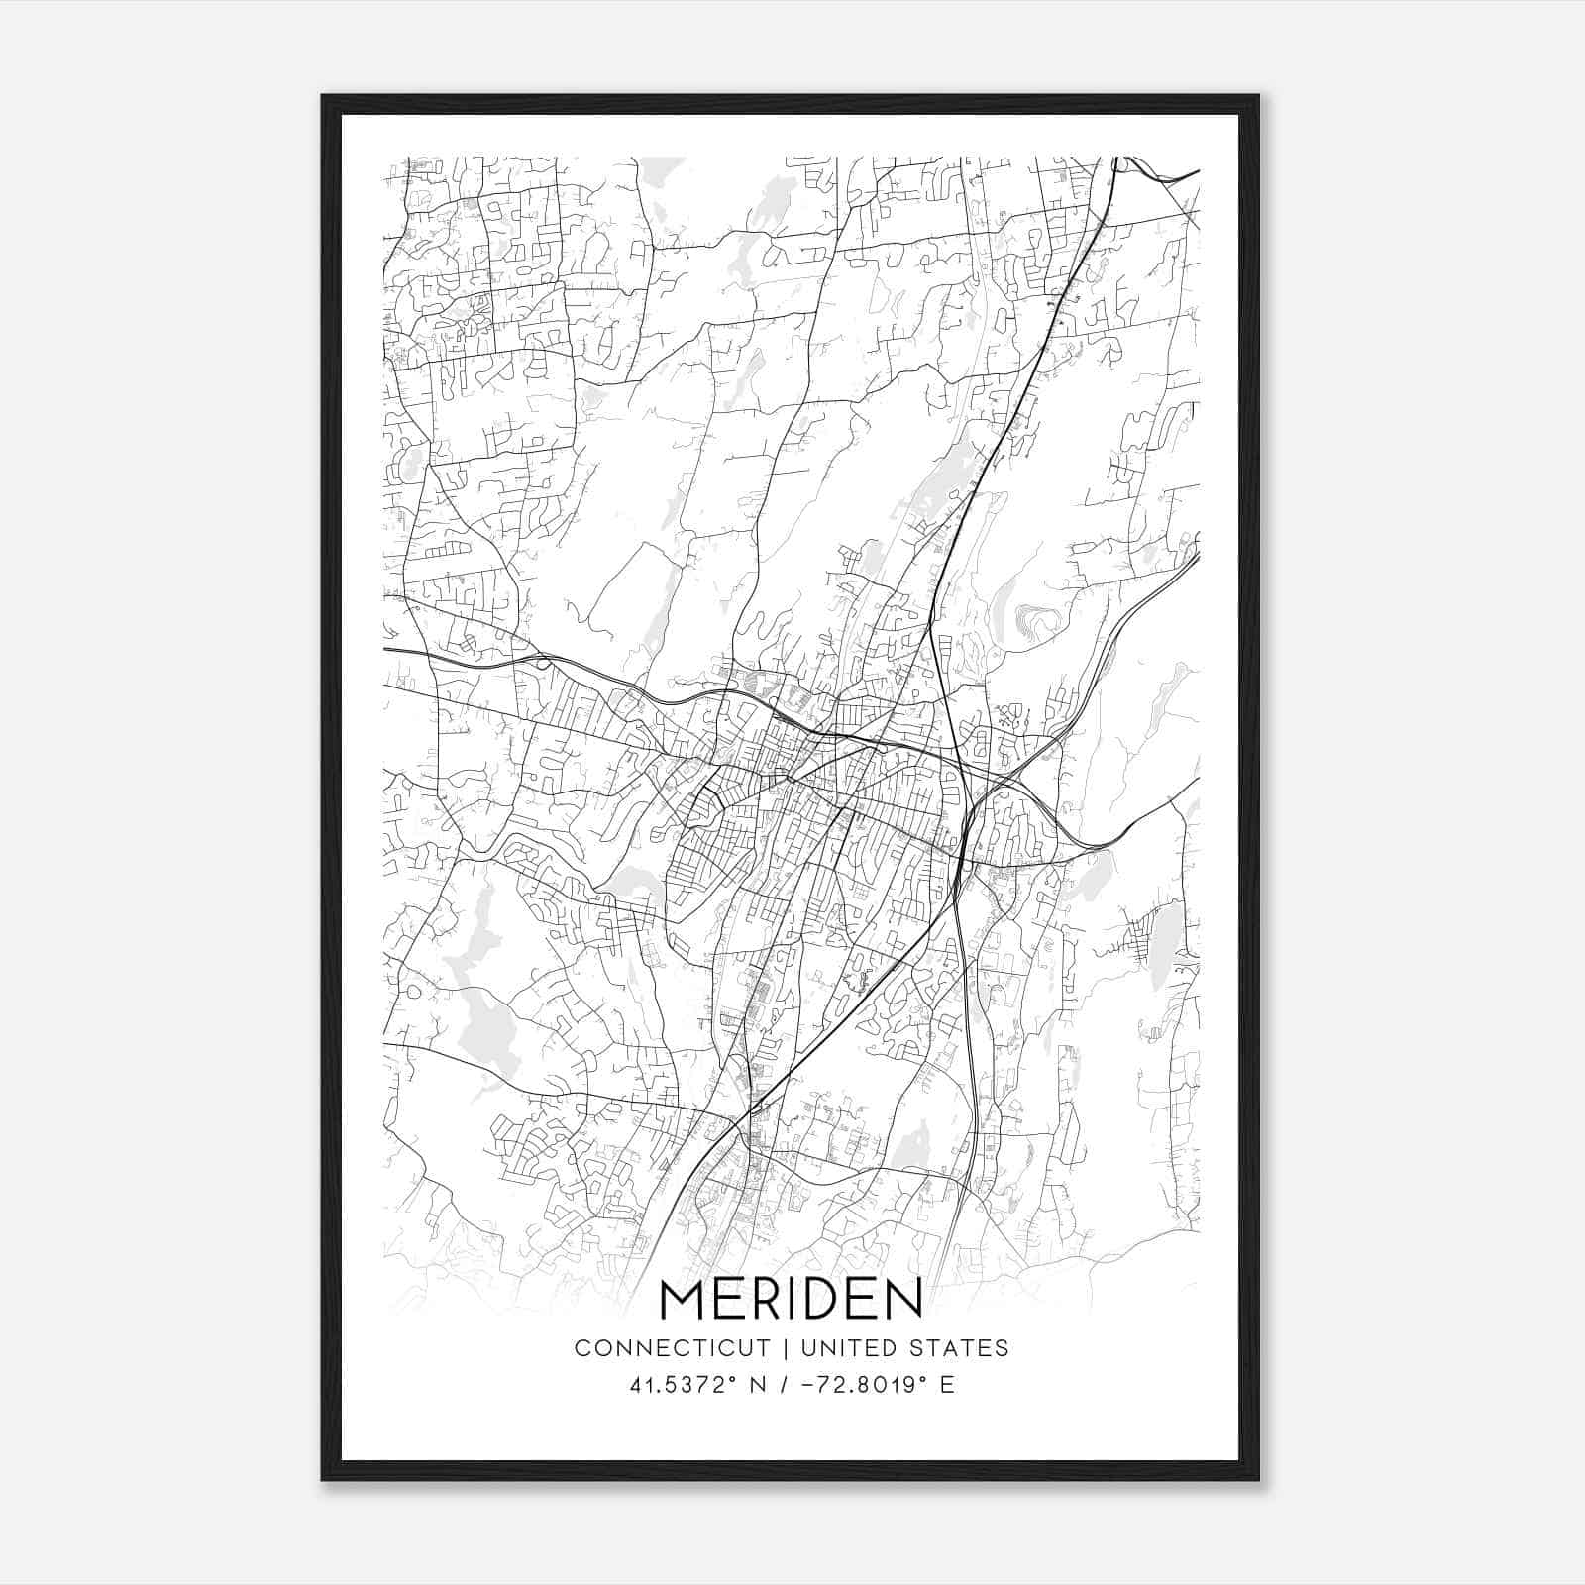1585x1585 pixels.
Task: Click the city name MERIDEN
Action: [791, 1299]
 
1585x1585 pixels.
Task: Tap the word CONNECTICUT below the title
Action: [672, 1348]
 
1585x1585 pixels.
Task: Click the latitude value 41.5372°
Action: [678, 1384]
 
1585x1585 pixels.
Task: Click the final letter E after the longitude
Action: [947, 1384]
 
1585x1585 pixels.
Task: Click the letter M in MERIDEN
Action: [684, 1299]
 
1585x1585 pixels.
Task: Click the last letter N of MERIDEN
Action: [900, 1299]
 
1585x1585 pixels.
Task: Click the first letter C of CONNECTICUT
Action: [582, 1348]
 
